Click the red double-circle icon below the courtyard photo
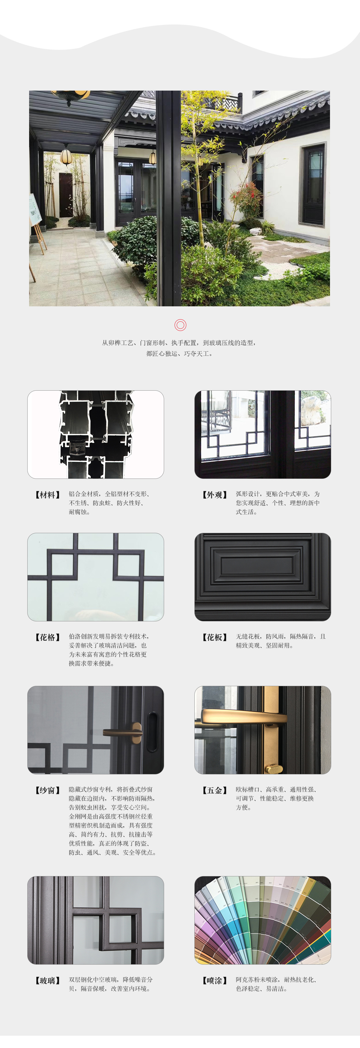pos(180,325)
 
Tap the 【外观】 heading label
pos(215,495)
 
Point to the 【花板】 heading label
pos(215,637)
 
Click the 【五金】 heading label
pos(215,790)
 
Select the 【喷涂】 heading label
pos(215,980)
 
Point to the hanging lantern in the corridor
pos(66,157)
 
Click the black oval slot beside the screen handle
pos(152,731)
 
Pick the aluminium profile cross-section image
pos(96,434)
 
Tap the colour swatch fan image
pos(263,920)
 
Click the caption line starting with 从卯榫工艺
pos(179,343)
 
